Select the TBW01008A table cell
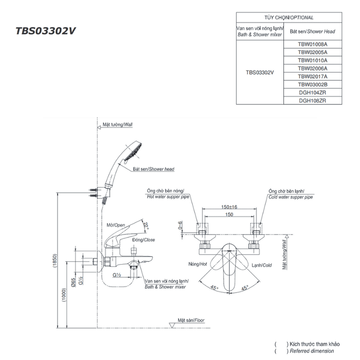[313, 45]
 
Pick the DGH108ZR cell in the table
[313, 101]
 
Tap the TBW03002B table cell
[313, 85]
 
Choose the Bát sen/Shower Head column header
[313, 31]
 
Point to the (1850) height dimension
[54, 261]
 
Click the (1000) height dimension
[64, 296]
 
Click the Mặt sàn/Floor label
[191, 320]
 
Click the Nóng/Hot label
[198, 265]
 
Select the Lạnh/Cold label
[261, 265]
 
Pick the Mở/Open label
[116, 225]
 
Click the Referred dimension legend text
[312, 351]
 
